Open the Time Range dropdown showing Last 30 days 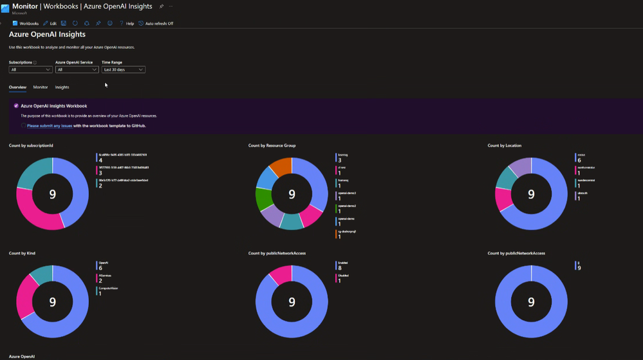[123, 70]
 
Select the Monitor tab [40, 87]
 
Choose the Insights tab [62, 87]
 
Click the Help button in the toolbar [127, 23]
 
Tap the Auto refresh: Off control [156, 23]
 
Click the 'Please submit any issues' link [50, 126]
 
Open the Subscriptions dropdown [30, 70]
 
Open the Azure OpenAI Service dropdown [77, 70]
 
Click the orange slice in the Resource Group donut [281, 166]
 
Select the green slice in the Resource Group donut [263, 200]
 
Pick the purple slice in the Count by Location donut [521, 166]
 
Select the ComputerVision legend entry [107, 289]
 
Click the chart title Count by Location [504, 146]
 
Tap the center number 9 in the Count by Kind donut [53, 301]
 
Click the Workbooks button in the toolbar [26, 23]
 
